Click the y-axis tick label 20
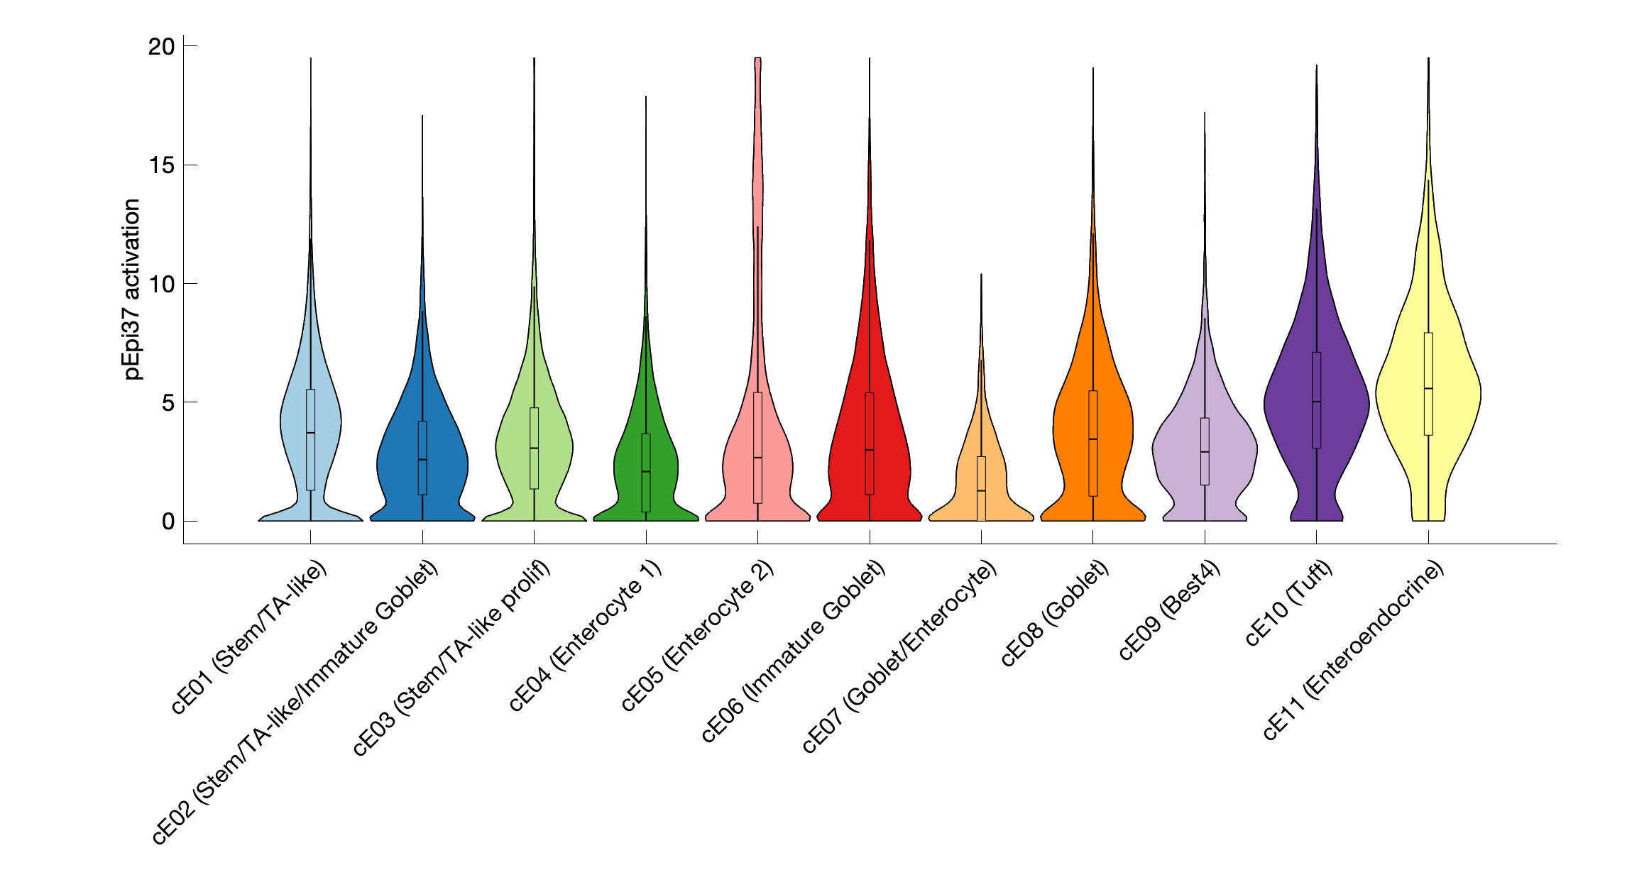pyautogui.click(x=161, y=47)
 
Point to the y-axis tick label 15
pyautogui.click(x=161, y=165)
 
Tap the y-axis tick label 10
pyautogui.click(x=161, y=285)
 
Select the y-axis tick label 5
pyautogui.click(x=168, y=403)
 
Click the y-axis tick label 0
pyautogui.click(x=168, y=522)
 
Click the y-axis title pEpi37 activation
pyautogui.click(x=132, y=289)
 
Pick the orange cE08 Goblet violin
pyautogui.click(x=1072, y=426)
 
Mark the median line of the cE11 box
pyautogui.click(x=1428, y=388)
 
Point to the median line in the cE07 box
pyautogui.click(x=981, y=490)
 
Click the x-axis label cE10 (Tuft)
pyautogui.click(x=1288, y=603)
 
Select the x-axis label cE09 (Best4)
pyautogui.click(x=1169, y=610)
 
